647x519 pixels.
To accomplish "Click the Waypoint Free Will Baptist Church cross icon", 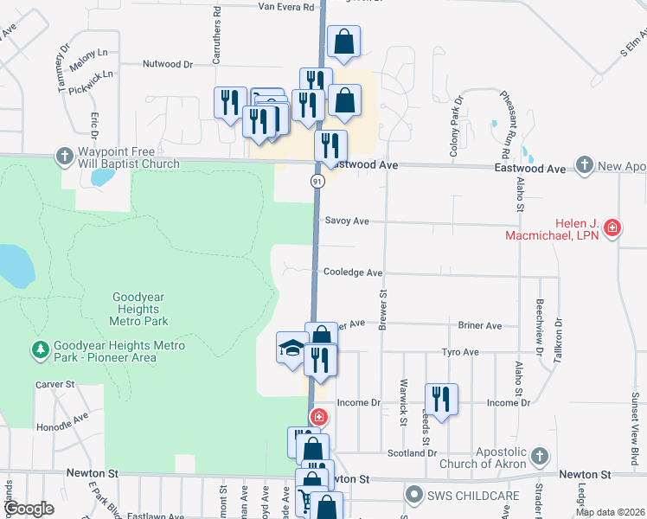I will click(64, 157).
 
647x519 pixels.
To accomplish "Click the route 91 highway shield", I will click(317, 181).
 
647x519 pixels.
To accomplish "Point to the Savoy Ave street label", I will click(347, 221).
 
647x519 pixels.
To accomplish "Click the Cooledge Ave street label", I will click(353, 272).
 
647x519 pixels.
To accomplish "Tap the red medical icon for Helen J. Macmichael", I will click(612, 228).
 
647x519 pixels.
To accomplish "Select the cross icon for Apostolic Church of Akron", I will click(540, 455).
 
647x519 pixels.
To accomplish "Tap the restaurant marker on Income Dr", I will click(441, 399).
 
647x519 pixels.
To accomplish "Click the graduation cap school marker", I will click(291, 348).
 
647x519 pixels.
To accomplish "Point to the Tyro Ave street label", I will click(460, 352).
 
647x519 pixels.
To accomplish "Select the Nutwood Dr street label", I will click(167, 64).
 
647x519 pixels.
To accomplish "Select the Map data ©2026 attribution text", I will click(609, 512).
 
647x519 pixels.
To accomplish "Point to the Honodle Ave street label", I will click(63, 423).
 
